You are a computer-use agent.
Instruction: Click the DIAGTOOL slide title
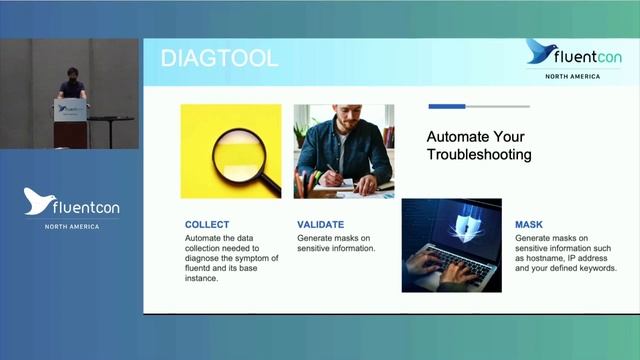point(219,58)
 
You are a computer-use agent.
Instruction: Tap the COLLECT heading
point(207,225)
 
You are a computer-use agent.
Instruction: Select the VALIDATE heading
point(320,225)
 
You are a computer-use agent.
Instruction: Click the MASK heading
point(529,225)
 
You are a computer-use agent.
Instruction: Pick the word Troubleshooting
point(478,155)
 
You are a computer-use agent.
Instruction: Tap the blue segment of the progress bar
point(447,106)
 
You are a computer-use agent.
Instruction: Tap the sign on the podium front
point(70,113)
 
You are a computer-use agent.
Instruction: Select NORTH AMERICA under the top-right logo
point(572,76)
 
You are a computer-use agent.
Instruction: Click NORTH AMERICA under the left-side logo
point(71,226)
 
